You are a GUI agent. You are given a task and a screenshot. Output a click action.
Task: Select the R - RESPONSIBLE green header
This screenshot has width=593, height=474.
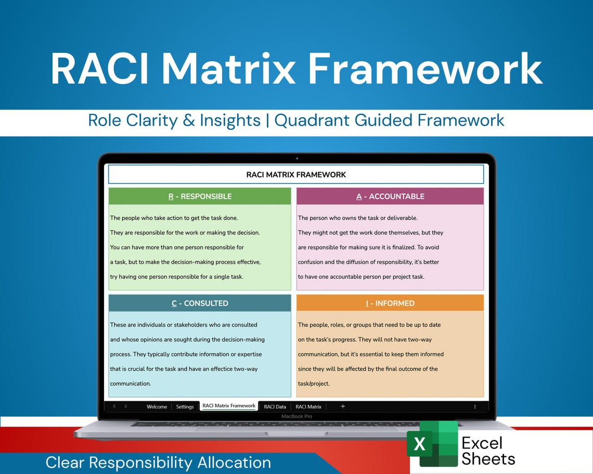(200, 196)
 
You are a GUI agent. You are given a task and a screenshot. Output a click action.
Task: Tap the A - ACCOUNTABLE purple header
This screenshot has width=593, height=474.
(390, 196)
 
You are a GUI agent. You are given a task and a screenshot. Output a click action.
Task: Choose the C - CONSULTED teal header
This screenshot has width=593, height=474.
(200, 303)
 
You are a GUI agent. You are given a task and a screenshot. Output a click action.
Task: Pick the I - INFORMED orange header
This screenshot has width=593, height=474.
(390, 303)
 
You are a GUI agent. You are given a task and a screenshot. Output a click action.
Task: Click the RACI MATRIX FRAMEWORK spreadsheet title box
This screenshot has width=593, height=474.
(296, 175)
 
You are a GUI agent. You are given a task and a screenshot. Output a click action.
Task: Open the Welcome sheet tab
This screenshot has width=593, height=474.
(157, 406)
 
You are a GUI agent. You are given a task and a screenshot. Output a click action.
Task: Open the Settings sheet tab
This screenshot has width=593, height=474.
(185, 406)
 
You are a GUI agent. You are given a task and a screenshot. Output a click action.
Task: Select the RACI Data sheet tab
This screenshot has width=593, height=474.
(275, 406)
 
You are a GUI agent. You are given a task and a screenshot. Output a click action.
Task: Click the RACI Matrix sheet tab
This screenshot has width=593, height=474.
(308, 406)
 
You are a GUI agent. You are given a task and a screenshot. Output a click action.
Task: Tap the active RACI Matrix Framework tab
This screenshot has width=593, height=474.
(229, 406)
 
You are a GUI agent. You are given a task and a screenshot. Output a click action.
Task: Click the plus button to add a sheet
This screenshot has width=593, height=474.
(343, 406)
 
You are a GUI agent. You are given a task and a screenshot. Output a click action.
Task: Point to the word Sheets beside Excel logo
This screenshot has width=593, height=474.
(488, 459)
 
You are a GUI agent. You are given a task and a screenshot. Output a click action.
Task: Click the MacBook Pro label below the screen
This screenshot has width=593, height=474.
(296, 416)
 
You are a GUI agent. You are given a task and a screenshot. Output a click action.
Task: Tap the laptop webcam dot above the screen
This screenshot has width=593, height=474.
(296, 158)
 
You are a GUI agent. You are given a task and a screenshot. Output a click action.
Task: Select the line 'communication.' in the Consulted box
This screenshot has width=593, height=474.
(130, 384)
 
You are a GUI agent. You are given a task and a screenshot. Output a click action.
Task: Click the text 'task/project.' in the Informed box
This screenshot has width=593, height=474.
(314, 384)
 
